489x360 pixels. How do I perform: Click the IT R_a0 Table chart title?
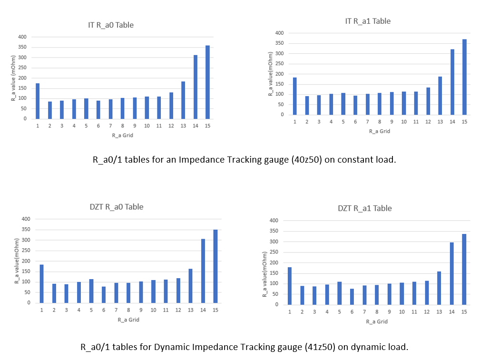point(111,25)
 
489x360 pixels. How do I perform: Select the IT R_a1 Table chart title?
point(368,21)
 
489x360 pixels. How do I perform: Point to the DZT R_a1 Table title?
point(365,208)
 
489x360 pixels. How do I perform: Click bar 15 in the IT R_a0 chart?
point(207,82)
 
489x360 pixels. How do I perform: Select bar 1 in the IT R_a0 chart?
point(38,101)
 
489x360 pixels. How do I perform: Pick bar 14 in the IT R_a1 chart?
point(452,82)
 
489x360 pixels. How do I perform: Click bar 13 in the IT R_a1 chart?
point(440,96)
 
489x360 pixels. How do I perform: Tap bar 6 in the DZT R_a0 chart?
point(104,294)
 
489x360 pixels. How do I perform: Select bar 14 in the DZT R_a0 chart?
point(203,271)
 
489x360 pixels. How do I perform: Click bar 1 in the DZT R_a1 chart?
point(290,286)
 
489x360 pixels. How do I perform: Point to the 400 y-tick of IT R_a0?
point(22,37)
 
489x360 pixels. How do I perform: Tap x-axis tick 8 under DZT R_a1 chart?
point(377,311)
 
